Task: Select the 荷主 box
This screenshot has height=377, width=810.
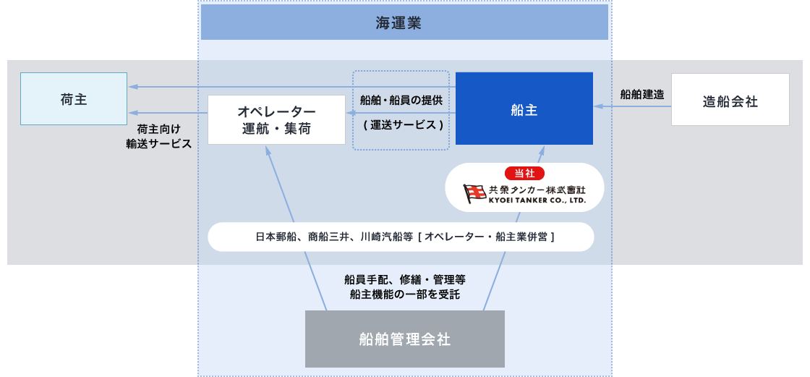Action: point(74,99)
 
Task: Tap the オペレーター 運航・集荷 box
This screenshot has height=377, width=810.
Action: point(276,119)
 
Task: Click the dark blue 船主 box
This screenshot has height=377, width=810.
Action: point(524,108)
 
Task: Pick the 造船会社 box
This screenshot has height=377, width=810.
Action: point(730,100)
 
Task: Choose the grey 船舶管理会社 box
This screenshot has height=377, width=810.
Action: point(404,339)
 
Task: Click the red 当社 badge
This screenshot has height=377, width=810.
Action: point(524,173)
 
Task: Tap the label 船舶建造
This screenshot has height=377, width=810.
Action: point(641,95)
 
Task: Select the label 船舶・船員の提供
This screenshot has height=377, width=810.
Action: point(401,101)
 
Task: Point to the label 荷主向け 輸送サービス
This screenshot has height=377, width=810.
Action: point(158,137)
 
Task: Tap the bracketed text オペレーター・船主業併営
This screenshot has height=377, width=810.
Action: point(487,237)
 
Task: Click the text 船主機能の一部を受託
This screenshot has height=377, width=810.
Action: point(404,295)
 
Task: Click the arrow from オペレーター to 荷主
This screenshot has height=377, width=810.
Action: point(168,113)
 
